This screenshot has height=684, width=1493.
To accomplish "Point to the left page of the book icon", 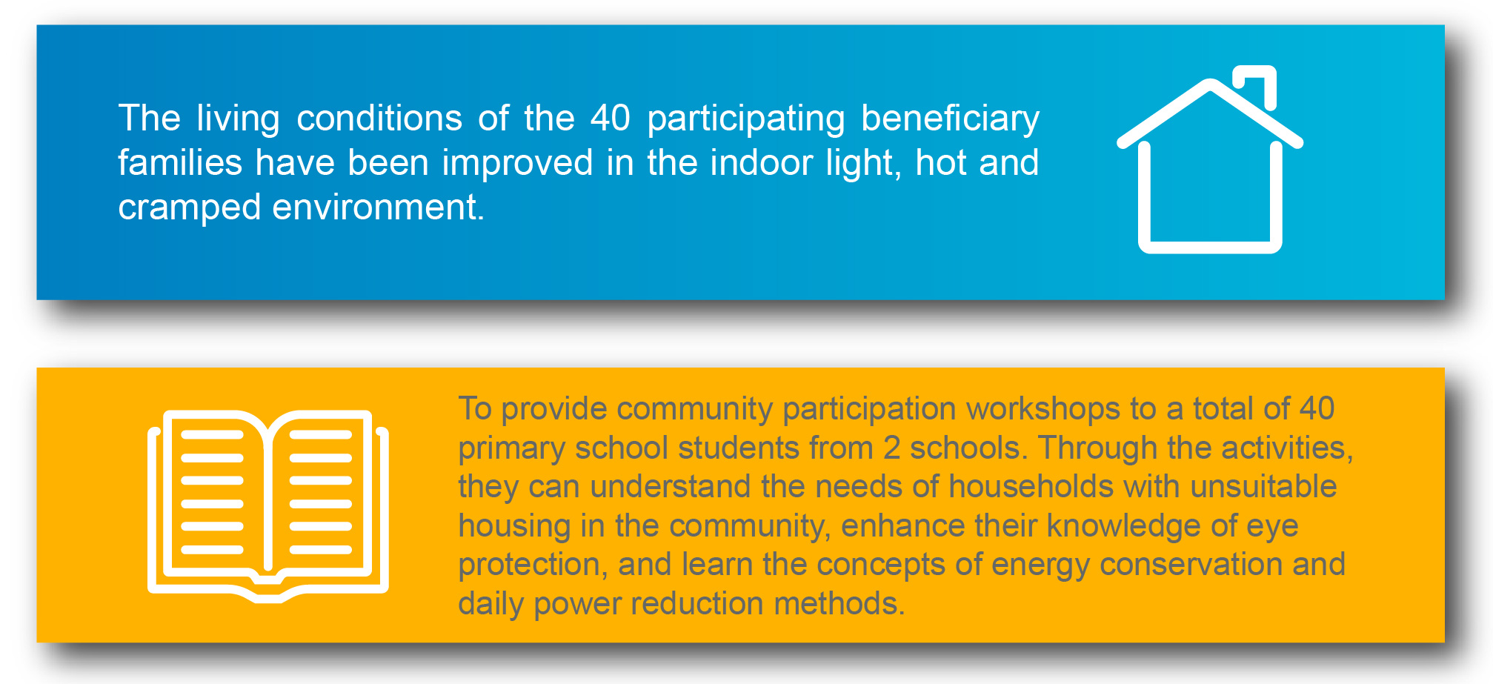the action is click(x=212, y=492).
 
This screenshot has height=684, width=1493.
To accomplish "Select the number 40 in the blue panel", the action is click(x=611, y=119).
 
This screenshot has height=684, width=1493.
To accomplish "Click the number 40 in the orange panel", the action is click(x=1317, y=408).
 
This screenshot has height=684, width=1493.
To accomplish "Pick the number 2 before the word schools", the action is click(x=891, y=448).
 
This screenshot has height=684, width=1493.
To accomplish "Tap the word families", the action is click(x=180, y=162).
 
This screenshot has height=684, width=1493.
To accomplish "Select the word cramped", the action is click(x=190, y=208).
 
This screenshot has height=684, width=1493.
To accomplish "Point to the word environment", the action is click(x=378, y=207).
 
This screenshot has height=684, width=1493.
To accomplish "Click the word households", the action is click(x=1031, y=487).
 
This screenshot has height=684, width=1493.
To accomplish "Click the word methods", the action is click(x=839, y=603).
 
